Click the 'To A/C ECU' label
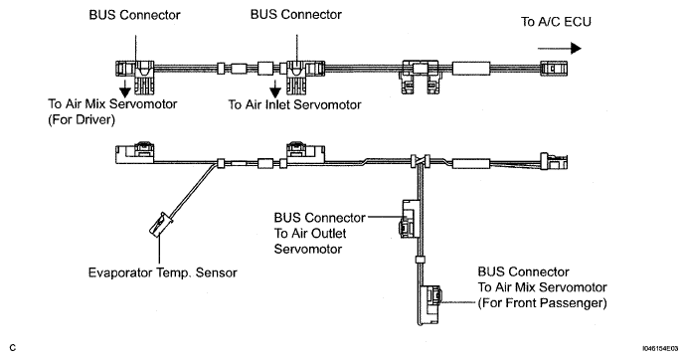click(x=556, y=22)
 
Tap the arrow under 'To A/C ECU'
click(x=560, y=49)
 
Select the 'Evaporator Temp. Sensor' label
click(x=162, y=272)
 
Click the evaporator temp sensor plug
click(x=161, y=224)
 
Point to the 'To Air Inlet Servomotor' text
click(x=294, y=104)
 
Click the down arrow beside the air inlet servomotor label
click(x=275, y=90)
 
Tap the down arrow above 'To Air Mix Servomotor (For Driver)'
click(x=125, y=89)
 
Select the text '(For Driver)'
click(x=82, y=119)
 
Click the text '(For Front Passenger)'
click(x=543, y=303)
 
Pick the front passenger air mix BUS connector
click(x=430, y=305)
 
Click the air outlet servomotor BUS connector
click(x=408, y=219)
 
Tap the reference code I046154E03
click(x=660, y=349)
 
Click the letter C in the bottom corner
click(x=13, y=348)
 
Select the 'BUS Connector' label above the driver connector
click(x=134, y=15)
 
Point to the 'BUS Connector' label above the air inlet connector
click(x=295, y=15)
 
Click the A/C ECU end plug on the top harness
click(x=555, y=69)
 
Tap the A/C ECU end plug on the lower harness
click(x=554, y=161)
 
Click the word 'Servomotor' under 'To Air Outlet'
click(x=308, y=249)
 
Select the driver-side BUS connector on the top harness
click(x=135, y=78)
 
